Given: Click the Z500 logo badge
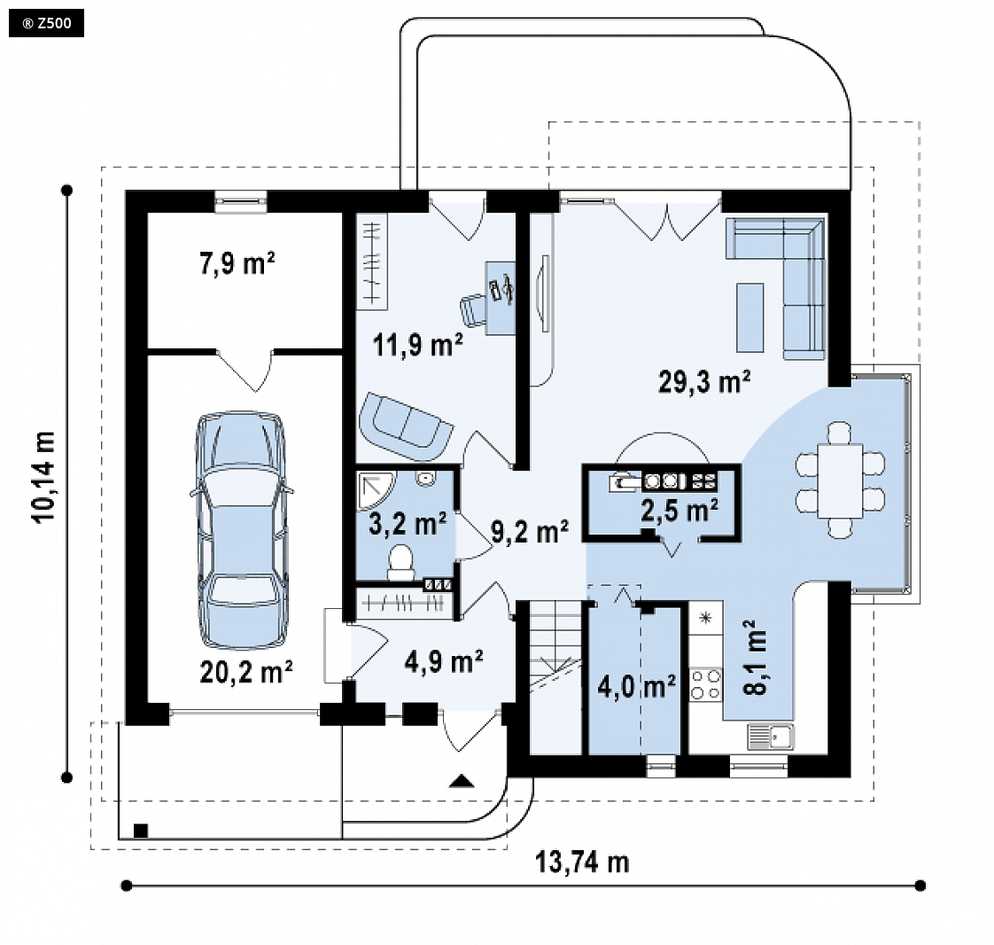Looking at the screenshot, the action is (46, 23).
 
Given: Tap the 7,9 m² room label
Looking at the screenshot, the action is (237, 263).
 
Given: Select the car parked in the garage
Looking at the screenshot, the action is (242, 530).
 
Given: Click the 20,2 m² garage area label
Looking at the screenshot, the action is (246, 672).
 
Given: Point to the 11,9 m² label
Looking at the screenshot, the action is (418, 345).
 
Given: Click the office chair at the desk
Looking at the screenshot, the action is (472, 309).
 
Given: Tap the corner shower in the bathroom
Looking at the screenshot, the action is (376, 490).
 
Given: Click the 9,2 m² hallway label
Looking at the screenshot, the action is (530, 532).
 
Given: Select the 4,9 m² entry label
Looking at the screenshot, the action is (445, 661).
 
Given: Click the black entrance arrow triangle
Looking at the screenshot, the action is (462, 781).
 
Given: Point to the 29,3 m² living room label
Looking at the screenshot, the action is (704, 382).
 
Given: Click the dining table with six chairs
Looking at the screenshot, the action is (840, 480).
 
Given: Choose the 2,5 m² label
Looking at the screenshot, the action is (679, 511).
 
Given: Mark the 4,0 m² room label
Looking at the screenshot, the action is (636, 685).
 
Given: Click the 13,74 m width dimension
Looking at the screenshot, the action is (582, 863).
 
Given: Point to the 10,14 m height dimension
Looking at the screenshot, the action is (44, 477).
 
